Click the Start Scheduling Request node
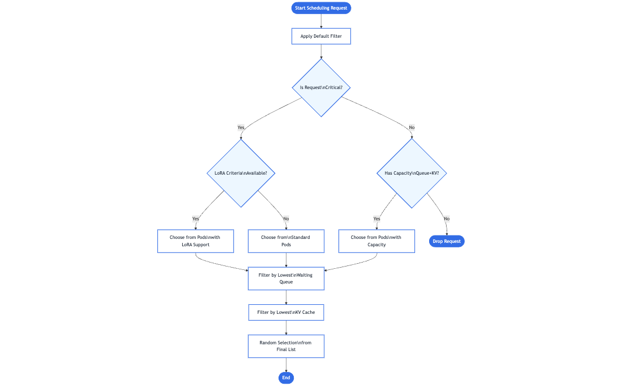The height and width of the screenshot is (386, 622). [321, 8]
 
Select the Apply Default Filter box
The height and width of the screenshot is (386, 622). [321, 37]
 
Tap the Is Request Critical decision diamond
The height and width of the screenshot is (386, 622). [321, 88]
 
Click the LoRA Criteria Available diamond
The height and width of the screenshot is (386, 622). [241, 173]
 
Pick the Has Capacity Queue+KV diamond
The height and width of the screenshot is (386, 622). [412, 173]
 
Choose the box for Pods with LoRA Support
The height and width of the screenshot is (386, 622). [195, 241]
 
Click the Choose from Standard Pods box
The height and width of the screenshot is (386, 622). [286, 241]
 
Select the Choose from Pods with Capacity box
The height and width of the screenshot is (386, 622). [376, 241]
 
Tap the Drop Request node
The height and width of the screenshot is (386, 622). [447, 241]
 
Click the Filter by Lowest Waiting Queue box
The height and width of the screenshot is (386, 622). [286, 278]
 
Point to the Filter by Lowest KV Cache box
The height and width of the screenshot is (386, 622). [286, 312]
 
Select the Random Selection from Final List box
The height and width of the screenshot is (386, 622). [286, 346]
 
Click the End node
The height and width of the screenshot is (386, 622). [286, 378]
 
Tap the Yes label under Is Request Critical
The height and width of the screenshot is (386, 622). [241, 127]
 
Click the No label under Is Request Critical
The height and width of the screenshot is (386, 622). [412, 127]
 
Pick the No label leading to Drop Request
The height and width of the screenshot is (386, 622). [447, 219]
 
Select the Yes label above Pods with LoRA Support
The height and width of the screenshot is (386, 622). [196, 219]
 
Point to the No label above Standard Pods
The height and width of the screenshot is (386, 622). [286, 219]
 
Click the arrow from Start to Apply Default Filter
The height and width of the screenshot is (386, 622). [321, 21]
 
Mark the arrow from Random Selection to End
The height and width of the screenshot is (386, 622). [286, 365]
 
